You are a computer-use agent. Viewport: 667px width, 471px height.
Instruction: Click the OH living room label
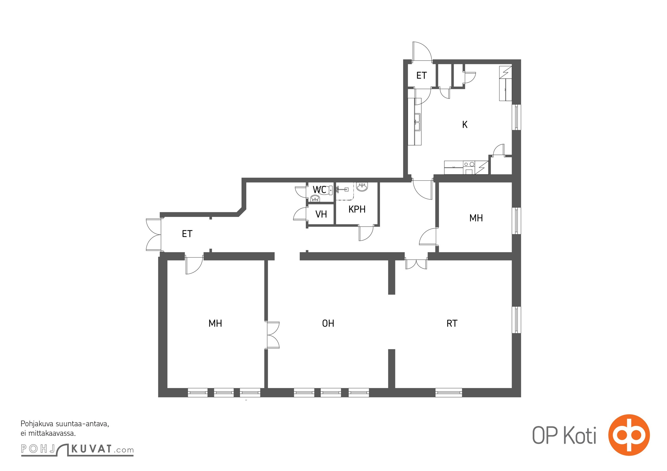click(x=328, y=324)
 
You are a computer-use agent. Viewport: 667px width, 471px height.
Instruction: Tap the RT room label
click(x=452, y=324)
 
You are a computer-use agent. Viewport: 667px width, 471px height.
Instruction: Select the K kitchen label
click(x=465, y=125)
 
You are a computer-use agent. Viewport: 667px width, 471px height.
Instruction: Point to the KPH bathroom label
click(x=357, y=209)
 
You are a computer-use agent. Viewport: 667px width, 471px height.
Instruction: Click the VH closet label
click(x=321, y=214)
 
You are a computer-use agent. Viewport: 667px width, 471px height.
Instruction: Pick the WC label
click(x=319, y=190)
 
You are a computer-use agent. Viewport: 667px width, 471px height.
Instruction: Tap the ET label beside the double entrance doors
click(x=187, y=234)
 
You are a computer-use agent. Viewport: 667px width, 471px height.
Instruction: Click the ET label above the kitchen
click(x=421, y=76)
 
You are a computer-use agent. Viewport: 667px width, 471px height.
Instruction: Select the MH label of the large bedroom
click(x=215, y=324)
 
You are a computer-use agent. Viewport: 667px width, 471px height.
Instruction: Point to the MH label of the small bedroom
click(x=476, y=218)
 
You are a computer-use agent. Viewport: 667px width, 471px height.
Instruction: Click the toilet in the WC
click(x=329, y=190)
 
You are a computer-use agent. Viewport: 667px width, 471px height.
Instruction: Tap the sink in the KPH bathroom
click(x=362, y=187)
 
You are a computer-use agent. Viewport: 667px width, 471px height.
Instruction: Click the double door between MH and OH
click(x=273, y=335)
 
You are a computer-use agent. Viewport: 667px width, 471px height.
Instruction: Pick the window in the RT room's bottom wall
click(x=448, y=392)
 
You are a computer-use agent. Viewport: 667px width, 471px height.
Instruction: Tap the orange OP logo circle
click(x=629, y=435)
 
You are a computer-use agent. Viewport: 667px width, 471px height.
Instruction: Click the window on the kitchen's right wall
click(x=516, y=117)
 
